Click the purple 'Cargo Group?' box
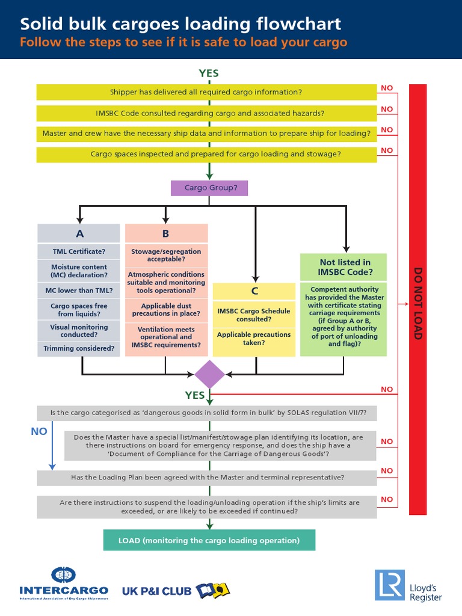pos(209,188)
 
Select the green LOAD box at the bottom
pos(209,540)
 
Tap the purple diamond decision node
pos(209,374)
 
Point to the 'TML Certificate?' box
pos(79,251)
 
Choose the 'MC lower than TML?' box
pos(79,291)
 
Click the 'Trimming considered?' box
pos(79,348)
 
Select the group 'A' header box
pos(79,233)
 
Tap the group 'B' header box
pos(166,233)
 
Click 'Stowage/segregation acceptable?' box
pos(166,255)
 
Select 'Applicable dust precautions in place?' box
pos(166,310)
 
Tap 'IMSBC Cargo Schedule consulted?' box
pos(254,315)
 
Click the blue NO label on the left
pos(38,431)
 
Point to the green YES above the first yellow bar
pos(209,73)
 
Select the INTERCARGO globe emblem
pos(64,576)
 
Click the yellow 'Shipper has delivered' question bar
pos(206,92)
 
